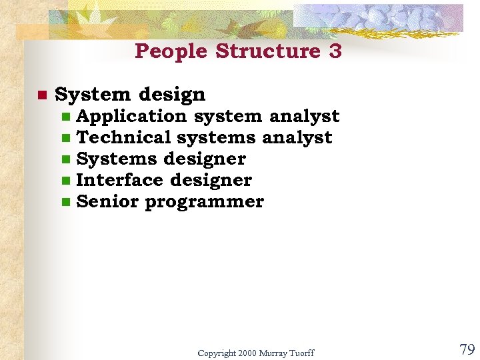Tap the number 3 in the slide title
point(335,51)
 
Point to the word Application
point(131,117)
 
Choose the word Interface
point(120,181)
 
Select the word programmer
point(204,202)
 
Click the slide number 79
point(467,349)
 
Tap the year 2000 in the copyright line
point(246,353)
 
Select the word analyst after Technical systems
point(297,138)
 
